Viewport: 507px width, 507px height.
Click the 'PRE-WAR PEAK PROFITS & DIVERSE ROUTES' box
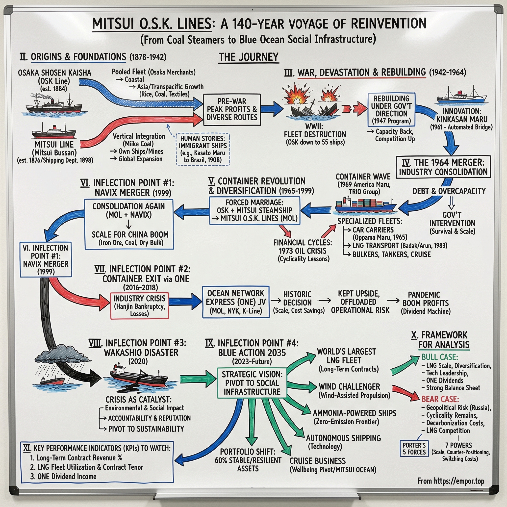(232, 109)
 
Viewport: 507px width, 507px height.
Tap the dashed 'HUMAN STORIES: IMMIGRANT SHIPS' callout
(203, 149)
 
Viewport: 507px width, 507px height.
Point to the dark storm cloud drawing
(62, 354)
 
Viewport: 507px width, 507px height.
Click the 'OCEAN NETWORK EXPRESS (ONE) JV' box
(236, 302)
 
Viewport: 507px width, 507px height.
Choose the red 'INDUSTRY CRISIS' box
(139, 306)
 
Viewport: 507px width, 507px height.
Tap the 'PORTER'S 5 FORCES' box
(414, 449)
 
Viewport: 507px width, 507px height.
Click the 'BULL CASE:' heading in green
(440, 357)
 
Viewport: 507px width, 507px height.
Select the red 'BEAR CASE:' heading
(440, 399)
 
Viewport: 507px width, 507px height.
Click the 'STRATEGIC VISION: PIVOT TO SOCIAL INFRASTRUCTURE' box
(252, 383)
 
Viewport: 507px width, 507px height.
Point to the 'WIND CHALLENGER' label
(349, 386)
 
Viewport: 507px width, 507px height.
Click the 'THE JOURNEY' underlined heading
(249, 57)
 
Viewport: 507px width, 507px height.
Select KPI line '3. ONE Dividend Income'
(63, 476)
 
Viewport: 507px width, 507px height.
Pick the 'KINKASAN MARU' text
(462, 119)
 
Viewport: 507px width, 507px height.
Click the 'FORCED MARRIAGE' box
(254, 210)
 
